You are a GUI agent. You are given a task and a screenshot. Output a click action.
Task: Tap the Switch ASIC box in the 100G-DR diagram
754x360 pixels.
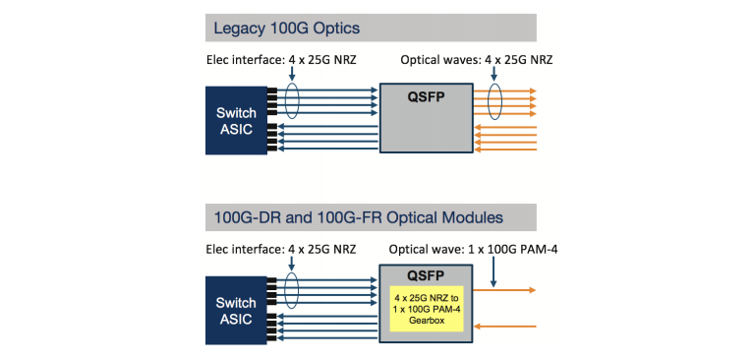[236, 310]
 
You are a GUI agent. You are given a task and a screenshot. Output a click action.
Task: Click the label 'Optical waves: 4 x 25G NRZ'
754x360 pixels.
[477, 60]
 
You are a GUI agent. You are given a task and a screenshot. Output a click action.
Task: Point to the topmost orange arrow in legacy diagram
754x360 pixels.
[506, 90]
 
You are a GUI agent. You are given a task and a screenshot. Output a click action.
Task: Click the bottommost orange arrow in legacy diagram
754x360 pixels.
[506, 150]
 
